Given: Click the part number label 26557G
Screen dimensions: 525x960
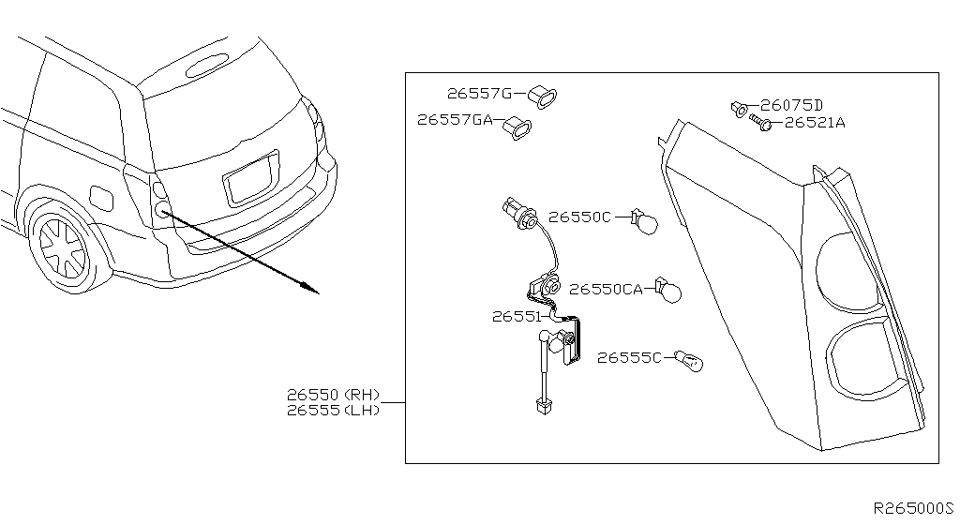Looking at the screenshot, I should click(479, 94).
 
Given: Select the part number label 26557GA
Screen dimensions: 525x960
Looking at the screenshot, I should click(455, 120).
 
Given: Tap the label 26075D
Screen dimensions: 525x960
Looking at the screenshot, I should click(791, 105).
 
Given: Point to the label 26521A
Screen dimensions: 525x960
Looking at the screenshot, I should click(814, 122).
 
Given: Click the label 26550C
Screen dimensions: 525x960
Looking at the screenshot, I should click(579, 217).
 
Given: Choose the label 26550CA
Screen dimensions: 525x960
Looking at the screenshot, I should click(606, 290).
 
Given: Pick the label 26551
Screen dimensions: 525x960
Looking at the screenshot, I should click(516, 317).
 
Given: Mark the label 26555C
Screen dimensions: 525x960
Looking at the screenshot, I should click(630, 357).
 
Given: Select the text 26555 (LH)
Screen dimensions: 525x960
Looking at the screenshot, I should click(334, 411).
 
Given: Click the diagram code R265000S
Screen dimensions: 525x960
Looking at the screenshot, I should click(912, 507).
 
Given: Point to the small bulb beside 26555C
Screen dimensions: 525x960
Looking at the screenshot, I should click(689, 361).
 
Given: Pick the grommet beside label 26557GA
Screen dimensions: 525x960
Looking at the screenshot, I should click(517, 127).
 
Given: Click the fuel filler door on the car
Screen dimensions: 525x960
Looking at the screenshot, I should click(99, 197).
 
